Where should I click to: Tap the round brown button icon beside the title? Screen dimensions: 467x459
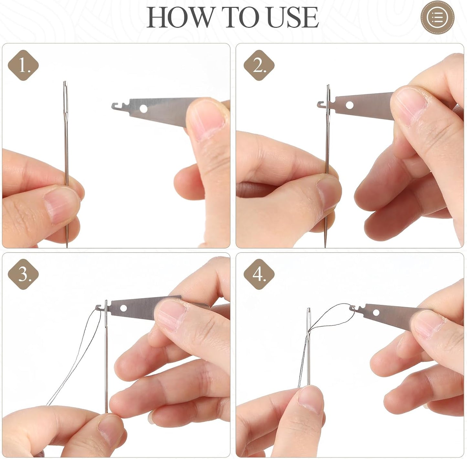click(x=438, y=18)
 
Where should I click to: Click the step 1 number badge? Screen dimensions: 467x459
click(x=23, y=65)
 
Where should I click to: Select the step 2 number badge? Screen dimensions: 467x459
click(x=259, y=65)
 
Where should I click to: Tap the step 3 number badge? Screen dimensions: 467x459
click(x=23, y=274)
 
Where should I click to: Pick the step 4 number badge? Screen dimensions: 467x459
click(x=259, y=274)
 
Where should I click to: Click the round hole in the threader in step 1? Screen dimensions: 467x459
click(x=143, y=109)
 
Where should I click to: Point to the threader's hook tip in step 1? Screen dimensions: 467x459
click(x=113, y=106)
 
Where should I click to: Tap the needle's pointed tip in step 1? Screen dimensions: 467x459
click(x=67, y=247)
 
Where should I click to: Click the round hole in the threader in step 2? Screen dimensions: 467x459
click(x=349, y=105)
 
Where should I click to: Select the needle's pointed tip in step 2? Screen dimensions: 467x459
click(x=325, y=247)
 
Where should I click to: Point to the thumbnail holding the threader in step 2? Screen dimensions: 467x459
click(x=409, y=105)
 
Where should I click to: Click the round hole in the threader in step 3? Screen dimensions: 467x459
click(x=123, y=308)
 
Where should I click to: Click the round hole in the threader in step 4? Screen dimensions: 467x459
click(x=376, y=312)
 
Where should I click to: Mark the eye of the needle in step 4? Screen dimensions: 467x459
click(x=309, y=320)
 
